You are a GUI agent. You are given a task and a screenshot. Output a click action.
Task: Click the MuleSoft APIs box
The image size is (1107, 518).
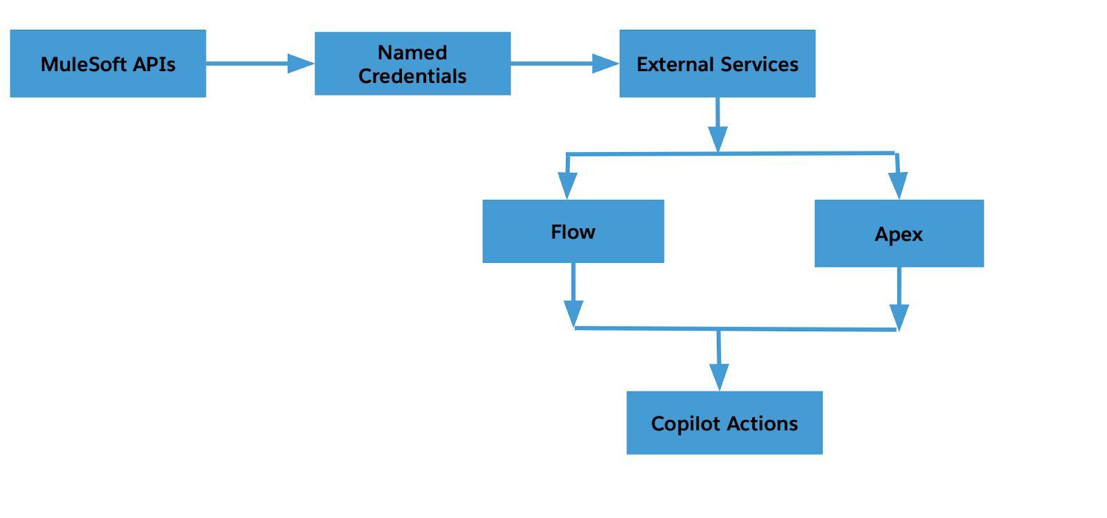pyautogui.click(x=108, y=64)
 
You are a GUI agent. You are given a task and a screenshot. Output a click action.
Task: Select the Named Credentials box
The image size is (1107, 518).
pyautogui.click(x=412, y=64)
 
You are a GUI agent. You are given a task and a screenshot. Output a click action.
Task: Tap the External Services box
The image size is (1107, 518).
pyautogui.click(x=717, y=64)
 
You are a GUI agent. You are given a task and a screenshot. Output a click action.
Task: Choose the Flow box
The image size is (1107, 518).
pyautogui.click(x=574, y=231)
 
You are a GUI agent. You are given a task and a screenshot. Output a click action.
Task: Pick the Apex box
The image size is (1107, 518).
pyautogui.click(x=899, y=234)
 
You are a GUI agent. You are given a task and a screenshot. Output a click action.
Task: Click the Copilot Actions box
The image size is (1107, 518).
pyautogui.click(x=724, y=423)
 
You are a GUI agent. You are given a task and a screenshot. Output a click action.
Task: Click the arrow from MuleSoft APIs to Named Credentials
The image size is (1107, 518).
pyautogui.click(x=260, y=63)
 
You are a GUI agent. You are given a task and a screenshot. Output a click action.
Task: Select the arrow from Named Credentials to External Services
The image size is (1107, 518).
pyautogui.click(x=565, y=63)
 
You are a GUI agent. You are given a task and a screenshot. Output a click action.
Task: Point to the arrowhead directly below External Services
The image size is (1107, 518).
pyautogui.click(x=717, y=139)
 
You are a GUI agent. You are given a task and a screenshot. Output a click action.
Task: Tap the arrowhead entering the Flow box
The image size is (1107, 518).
pyautogui.click(x=567, y=185)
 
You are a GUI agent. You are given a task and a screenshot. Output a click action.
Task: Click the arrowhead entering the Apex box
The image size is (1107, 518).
pyautogui.click(x=898, y=185)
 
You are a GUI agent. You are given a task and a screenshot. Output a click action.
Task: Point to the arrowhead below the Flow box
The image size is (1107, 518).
pyautogui.click(x=574, y=313)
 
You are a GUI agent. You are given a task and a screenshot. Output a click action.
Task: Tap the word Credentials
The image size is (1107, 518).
pyautogui.click(x=412, y=76)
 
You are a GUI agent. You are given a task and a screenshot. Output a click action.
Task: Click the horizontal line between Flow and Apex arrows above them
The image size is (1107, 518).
pyautogui.click(x=731, y=154)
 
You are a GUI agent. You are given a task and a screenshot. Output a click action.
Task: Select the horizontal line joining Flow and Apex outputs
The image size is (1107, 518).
pyautogui.click(x=735, y=329)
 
